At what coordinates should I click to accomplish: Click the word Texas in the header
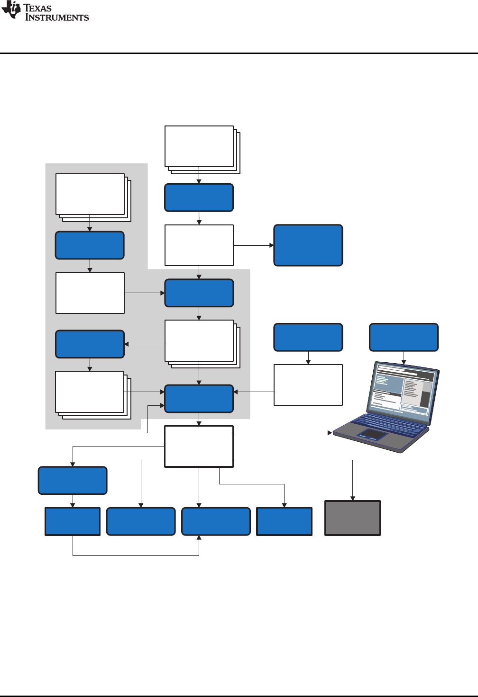point(37,8)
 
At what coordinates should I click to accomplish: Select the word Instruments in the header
point(57,18)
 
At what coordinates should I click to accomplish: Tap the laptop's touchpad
point(373,434)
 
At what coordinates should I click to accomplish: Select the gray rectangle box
point(352,518)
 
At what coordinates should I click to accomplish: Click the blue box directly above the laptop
point(404,337)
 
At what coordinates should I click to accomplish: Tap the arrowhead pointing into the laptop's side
point(330,433)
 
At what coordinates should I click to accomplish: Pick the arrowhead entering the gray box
point(352,498)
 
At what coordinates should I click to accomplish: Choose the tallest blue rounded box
point(308,245)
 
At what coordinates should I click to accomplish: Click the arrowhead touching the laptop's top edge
point(404,362)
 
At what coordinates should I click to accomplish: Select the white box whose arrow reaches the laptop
point(199,446)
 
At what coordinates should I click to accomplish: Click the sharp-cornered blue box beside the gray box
point(284,521)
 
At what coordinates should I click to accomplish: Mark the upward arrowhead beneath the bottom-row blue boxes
point(199,538)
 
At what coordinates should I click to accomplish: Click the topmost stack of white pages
point(199,146)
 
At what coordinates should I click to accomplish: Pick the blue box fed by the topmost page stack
point(199,197)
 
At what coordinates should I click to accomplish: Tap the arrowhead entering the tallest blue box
point(272,245)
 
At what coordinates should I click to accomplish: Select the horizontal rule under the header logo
point(239,53)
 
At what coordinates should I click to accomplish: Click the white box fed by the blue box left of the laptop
point(308,384)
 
